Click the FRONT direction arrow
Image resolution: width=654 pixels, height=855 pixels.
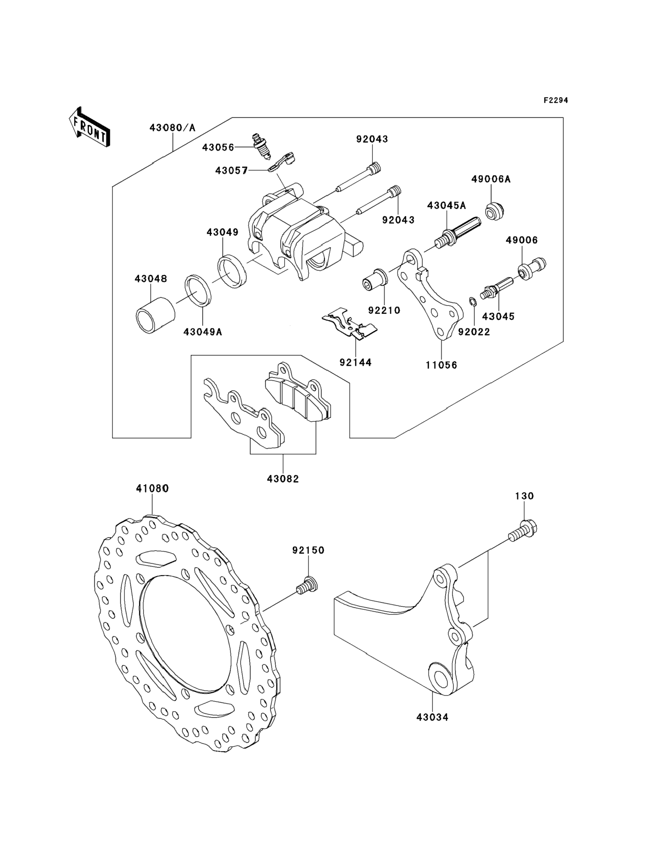click(x=89, y=127)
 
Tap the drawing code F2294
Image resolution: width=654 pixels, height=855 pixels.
click(x=556, y=100)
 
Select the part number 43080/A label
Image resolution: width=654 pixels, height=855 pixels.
click(x=173, y=128)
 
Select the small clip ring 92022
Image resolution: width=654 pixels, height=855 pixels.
click(x=472, y=302)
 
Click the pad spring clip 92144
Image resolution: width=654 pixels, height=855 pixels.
click(x=349, y=324)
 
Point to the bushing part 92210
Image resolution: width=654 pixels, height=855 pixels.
click(x=375, y=279)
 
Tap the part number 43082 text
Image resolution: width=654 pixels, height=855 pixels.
click(x=283, y=479)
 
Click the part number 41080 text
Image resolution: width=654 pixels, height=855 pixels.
click(x=152, y=488)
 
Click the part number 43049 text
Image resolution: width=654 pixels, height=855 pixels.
click(x=223, y=232)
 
